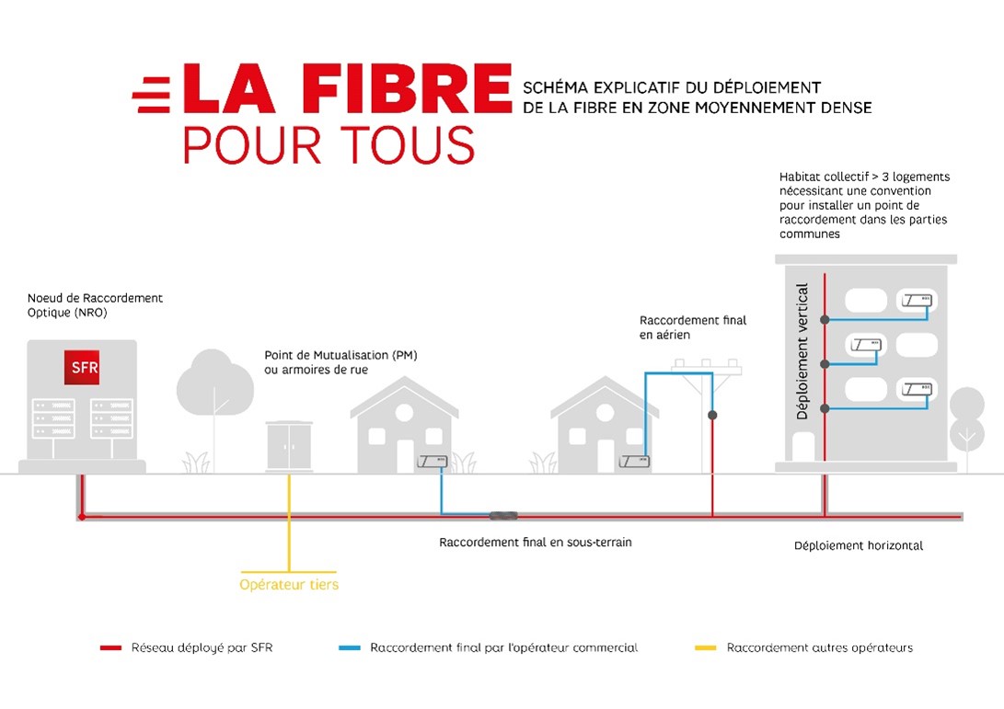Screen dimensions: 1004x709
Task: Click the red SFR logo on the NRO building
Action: pos(82,367)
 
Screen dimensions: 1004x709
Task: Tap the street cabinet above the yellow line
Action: pos(289,446)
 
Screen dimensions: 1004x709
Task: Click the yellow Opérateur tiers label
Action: pos(289,584)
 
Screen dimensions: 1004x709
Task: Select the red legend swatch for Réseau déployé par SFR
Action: pos(110,647)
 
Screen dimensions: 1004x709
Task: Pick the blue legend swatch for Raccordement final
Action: pos(350,647)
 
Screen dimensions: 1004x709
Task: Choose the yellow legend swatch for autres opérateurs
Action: pos(706,647)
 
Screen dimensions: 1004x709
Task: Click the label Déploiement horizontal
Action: pos(859,546)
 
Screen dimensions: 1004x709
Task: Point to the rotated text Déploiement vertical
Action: pos(802,351)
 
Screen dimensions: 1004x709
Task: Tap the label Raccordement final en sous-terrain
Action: pos(536,543)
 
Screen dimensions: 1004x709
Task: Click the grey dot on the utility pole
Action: pos(712,416)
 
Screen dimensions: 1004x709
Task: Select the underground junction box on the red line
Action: pos(504,515)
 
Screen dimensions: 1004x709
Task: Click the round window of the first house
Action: pos(405,413)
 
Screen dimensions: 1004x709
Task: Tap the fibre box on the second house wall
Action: pos(635,461)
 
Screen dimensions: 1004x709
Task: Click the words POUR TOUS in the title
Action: pos(329,145)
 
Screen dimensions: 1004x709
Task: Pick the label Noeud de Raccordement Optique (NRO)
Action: pos(95,305)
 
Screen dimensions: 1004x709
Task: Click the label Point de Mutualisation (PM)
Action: pos(340,355)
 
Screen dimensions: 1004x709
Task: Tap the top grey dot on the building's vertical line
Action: pos(825,319)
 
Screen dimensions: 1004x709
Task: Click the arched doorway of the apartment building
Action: pos(803,446)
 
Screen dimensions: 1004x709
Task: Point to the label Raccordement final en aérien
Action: pos(693,327)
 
